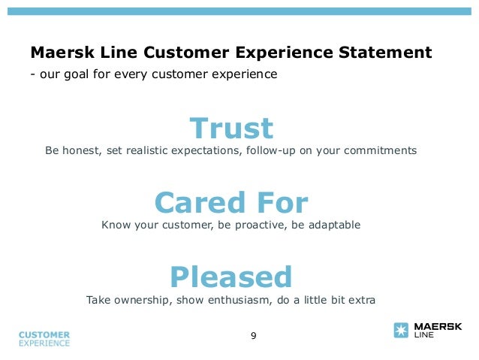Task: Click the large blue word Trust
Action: pyautogui.click(x=231, y=129)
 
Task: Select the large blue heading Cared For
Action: pyautogui.click(x=231, y=203)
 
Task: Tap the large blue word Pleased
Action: pyautogui.click(x=231, y=277)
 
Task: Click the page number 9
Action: pyautogui.click(x=253, y=335)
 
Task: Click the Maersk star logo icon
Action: pyautogui.click(x=402, y=331)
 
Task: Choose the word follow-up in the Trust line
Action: pyautogui.click(x=272, y=150)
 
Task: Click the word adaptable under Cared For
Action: pyautogui.click(x=331, y=225)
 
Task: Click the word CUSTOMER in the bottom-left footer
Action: pyautogui.click(x=44, y=334)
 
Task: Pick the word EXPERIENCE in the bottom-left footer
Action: pyautogui.click(x=44, y=343)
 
